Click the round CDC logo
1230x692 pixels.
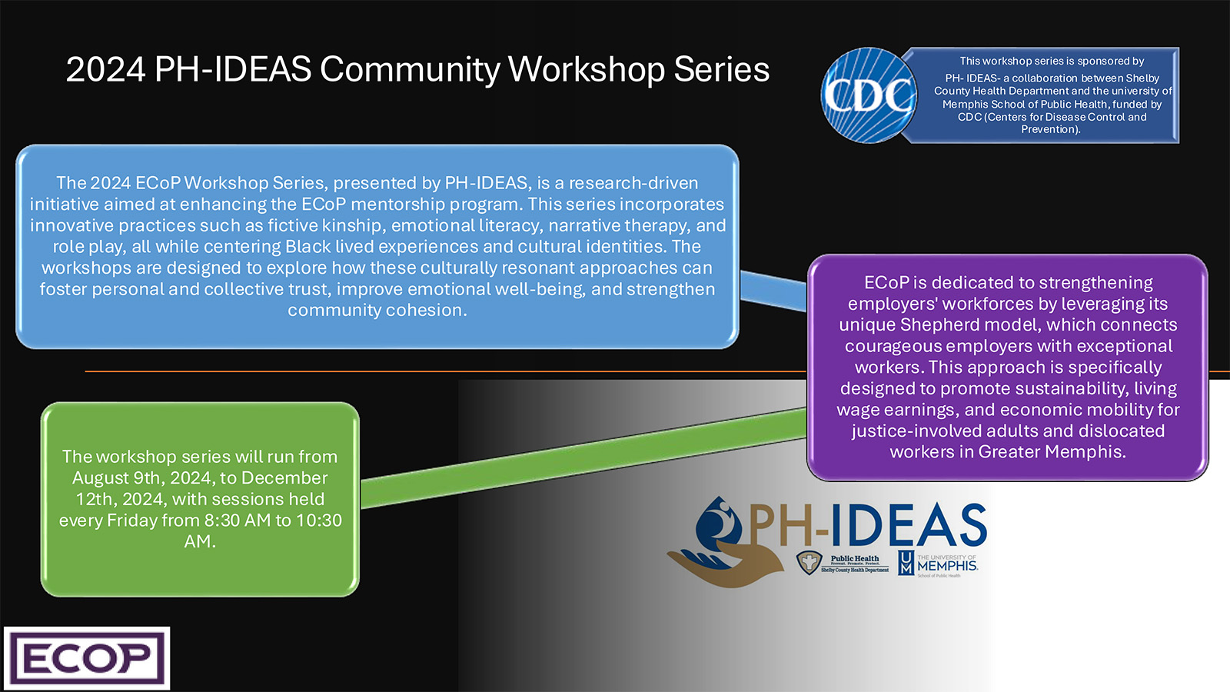[869, 95]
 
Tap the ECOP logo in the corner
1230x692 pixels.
[87, 658]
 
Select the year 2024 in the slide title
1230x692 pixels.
[105, 69]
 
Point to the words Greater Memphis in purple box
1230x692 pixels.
[1051, 451]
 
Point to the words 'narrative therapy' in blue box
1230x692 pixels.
[619, 225]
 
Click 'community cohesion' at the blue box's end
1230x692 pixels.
[377, 310]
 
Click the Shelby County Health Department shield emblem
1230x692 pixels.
[808, 563]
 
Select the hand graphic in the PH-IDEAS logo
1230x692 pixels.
[711, 565]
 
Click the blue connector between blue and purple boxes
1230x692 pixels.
[773, 291]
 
